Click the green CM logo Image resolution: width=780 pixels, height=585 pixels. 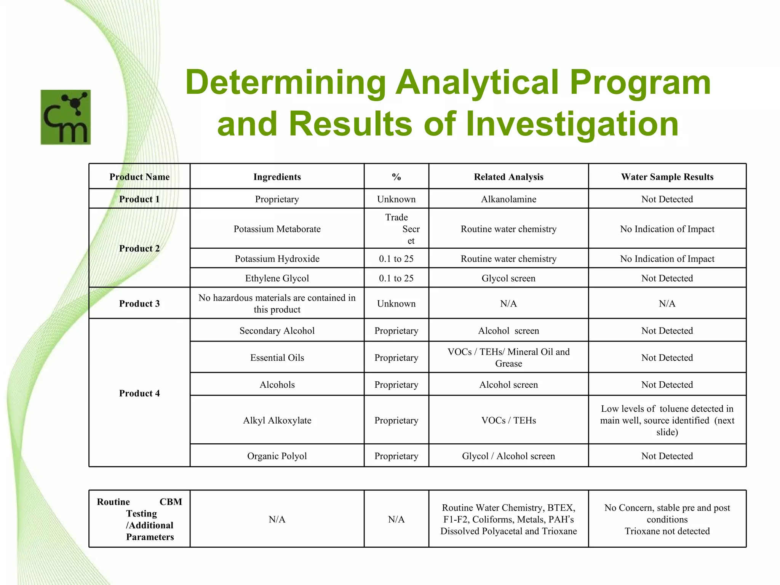[66, 117]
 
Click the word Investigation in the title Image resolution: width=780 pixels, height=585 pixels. [572, 123]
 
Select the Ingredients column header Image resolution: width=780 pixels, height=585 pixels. [277, 177]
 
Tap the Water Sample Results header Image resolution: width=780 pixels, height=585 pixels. [667, 177]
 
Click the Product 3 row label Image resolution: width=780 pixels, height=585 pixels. [139, 304]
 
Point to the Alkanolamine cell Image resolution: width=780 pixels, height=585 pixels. [508, 199]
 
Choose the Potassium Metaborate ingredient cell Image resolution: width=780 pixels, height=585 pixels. [277, 229]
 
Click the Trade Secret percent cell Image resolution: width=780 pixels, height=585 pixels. [396, 229]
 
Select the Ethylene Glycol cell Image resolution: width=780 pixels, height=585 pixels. [277, 278]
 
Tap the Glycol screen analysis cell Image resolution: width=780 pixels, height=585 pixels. [508, 278]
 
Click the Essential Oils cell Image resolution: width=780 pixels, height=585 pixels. [277, 358]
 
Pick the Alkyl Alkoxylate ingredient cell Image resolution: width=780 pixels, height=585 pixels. [277, 420]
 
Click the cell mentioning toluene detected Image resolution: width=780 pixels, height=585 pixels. [667, 420]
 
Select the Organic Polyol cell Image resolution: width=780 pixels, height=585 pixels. [277, 456]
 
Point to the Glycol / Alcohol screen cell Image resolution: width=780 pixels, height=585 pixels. [508, 456]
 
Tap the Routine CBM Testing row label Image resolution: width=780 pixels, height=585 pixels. [139, 519]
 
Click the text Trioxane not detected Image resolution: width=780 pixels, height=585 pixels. [667, 531]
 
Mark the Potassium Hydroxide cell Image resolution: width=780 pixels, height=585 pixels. [277, 259]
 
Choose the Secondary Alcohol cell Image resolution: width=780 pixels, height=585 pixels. [277, 331]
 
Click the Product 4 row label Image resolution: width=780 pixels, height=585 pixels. [139, 393]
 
